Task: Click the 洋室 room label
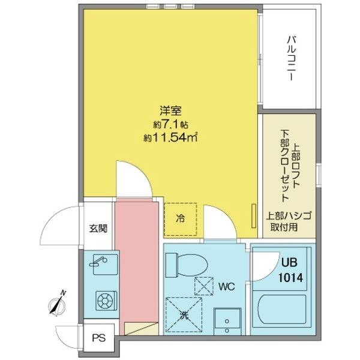pos(170,111)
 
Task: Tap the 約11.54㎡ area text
pos(170,137)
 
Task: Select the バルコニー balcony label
pos(291,58)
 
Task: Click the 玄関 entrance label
pos(98,228)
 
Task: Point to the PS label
pos(99,338)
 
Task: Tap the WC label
pos(226,287)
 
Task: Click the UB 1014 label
pos(290,270)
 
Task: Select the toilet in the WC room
pos(186,265)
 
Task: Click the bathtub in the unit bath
pos(282,311)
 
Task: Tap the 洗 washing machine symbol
pos(184,315)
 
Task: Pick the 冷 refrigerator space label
pos(180,218)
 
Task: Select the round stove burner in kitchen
pos(106,301)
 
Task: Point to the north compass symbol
pos(57,304)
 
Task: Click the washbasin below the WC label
pos(227,322)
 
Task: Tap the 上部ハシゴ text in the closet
pos(289,216)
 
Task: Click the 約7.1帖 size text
pos(171,125)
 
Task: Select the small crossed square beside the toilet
pos(204,286)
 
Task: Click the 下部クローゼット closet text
pos(284,166)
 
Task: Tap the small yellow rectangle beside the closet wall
pos(254,216)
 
